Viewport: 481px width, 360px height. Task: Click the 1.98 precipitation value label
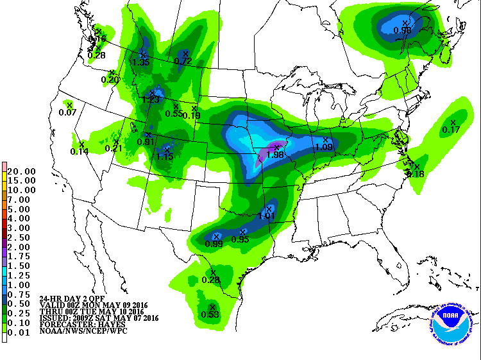point(274,155)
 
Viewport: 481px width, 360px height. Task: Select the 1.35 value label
point(140,62)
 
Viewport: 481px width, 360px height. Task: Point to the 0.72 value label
point(183,61)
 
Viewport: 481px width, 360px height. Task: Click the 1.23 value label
point(150,99)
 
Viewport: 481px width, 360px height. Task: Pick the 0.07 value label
point(67,112)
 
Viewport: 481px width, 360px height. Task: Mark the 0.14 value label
point(80,151)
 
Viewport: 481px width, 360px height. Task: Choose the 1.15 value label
point(165,157)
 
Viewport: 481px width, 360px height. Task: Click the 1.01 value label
point(266,216)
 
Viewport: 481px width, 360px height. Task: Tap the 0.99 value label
point(214,244)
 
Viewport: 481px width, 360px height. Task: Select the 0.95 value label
point(240,239)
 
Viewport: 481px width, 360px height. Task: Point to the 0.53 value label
point(210,314)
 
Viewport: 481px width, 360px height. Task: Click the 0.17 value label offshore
point(451,130)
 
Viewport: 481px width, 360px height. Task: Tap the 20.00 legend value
point(22,171)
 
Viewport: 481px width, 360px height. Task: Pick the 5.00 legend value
point(22,209)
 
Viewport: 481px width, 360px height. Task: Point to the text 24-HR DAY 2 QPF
point(67,299)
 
